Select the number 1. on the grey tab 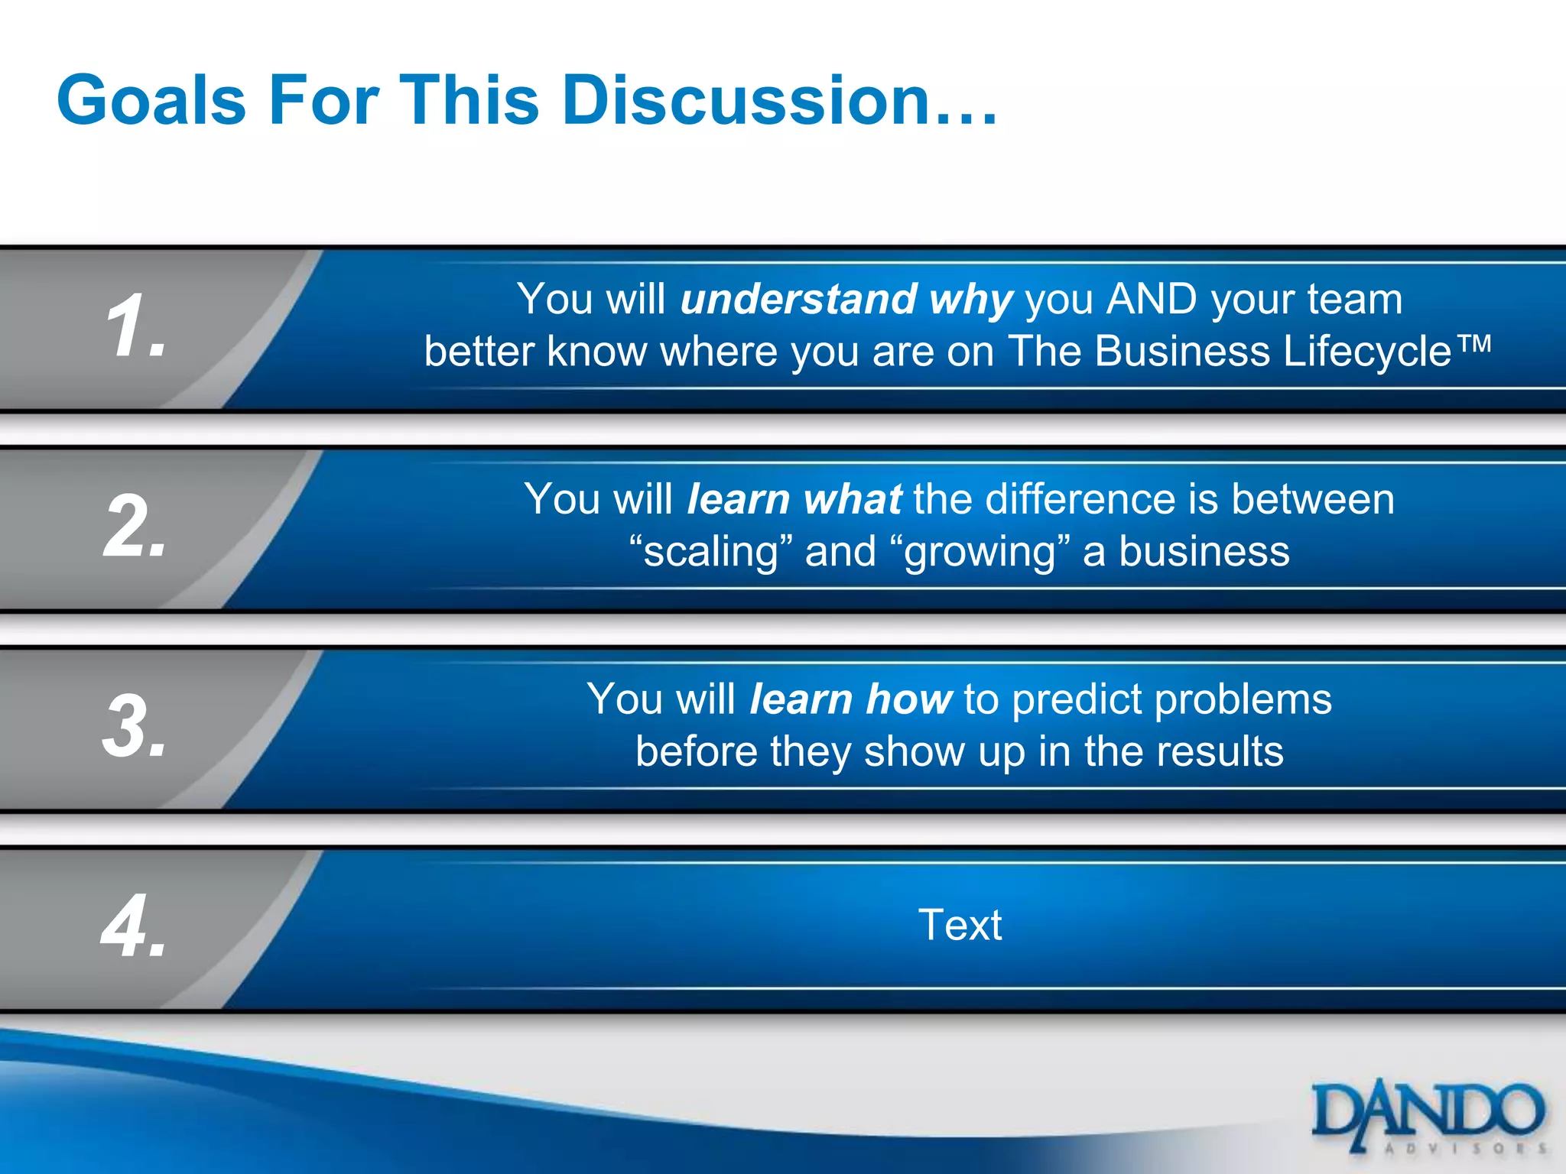[135, 326]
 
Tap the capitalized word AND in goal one [1152, 299]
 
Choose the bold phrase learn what [794, 500]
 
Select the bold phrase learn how [850, 699]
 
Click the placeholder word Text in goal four [960, 925]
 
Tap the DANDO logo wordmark [1427, 1111]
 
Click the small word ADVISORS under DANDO [1465, 1148]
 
